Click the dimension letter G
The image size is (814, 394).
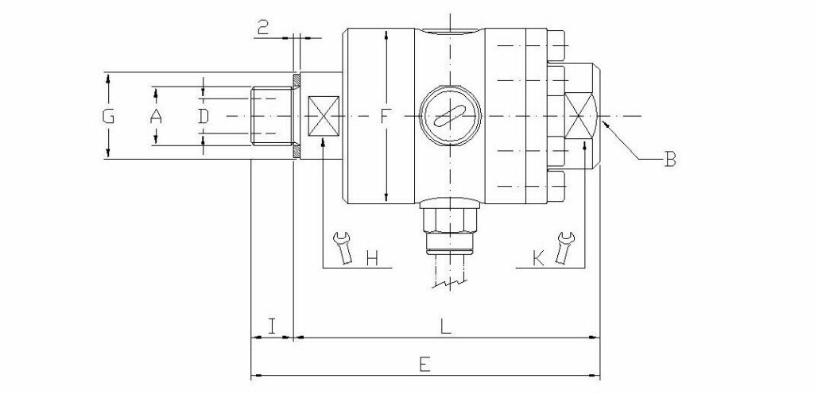click(x=109, y=117)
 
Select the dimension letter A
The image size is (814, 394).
click(x=156, y=117)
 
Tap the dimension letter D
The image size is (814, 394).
click(x=203, y=117)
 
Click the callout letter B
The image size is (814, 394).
click(x=669, y=162)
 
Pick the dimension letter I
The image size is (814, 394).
click(x=272, y=325)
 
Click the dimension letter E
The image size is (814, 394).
click(x=424, y=365)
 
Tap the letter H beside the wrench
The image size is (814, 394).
click(x=371, y=258)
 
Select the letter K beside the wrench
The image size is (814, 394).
click(x=538, y=258)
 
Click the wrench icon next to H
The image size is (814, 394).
click(x=343, y=247)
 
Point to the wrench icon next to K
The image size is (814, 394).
click(x=565, y=247)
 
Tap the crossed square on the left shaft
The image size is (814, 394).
click(x=323, y=116)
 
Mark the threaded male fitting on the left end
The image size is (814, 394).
click(x=271, y=117)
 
